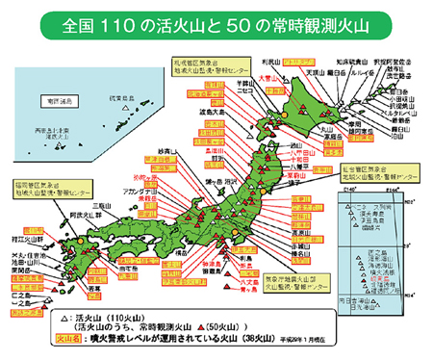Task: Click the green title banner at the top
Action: tap(216, 20)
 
